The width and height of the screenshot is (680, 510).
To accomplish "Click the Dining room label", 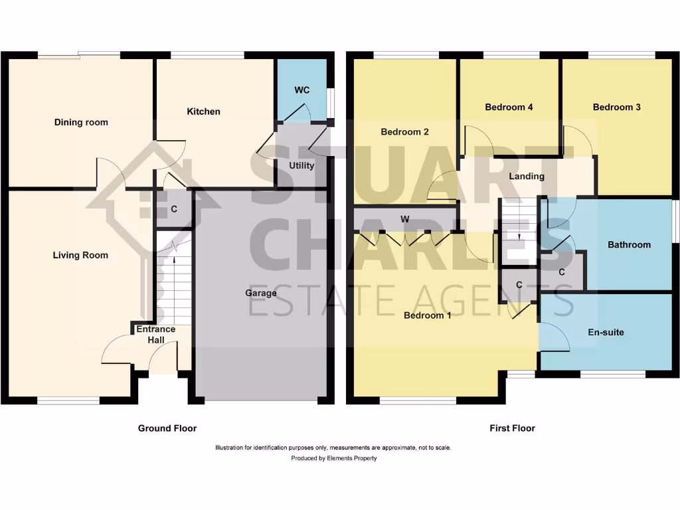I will coord(81,122).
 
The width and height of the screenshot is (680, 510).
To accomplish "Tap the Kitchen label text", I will coord(203,112).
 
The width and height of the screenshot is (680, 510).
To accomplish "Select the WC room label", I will coord(302,90).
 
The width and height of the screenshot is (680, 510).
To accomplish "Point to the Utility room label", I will coord(301,165).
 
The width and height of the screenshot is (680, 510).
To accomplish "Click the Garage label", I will coord(261,293).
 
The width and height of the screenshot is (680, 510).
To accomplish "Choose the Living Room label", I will coord(80,255).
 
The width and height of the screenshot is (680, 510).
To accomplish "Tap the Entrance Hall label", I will coord(156,334).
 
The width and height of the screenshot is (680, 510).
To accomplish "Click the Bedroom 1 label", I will coord(428,315).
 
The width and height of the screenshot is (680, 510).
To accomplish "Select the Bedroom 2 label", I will coord(404,132).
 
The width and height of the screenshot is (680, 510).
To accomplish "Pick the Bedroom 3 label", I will coord(617,107).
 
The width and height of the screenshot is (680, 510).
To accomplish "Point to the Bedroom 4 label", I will coord(509,107).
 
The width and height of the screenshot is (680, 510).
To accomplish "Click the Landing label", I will coord(527,176).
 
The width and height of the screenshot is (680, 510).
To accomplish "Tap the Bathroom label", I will coord(629,244).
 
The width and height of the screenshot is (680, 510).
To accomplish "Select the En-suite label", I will coord(606,332).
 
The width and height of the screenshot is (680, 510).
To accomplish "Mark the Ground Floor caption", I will coord(167,428).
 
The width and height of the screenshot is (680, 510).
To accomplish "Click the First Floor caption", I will coord(512,428).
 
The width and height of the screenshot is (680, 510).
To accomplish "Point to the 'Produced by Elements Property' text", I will coord(333,458).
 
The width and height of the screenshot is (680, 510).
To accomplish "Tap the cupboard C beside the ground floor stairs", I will coord(174,209).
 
